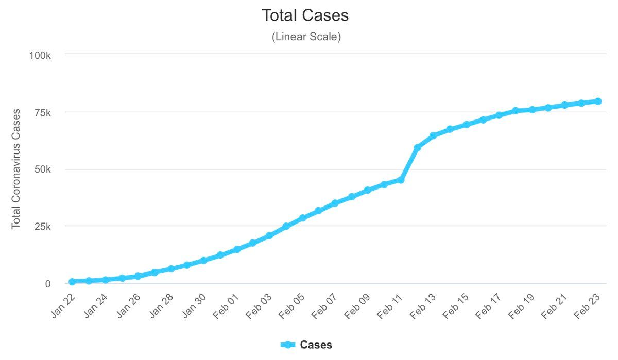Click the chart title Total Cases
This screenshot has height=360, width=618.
(305, 15)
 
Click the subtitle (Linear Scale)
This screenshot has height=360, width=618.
(306, 37)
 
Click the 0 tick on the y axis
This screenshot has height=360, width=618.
(48, 284)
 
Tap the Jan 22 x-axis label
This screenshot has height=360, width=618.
(63, 305)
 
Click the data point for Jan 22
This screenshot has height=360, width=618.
(72, 282)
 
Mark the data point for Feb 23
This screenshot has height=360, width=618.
(598, 101)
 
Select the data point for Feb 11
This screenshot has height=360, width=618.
(401, 180)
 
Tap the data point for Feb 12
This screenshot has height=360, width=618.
(417, 147)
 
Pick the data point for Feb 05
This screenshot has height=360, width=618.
(302, 218)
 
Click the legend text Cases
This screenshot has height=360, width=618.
(316, 345)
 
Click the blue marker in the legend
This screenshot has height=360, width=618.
(288, 345)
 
